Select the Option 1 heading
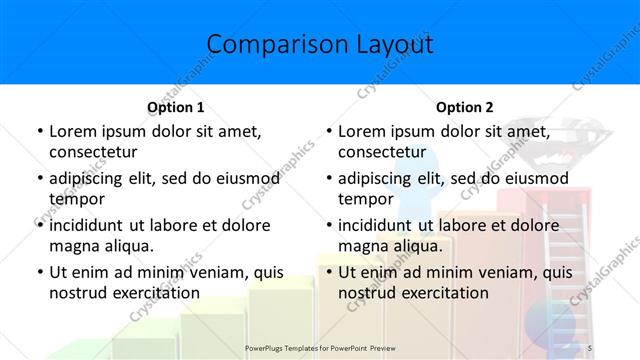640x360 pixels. coord(175,107)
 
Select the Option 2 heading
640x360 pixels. coord(464,107)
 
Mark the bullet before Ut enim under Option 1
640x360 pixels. coord(39,272)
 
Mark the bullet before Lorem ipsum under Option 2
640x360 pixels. coord(328,132)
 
